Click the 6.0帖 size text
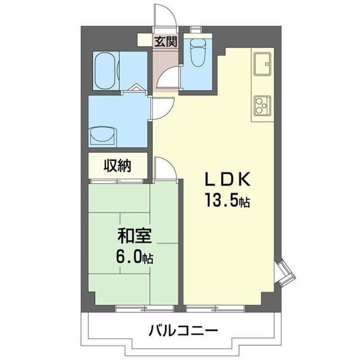tap(134, 258)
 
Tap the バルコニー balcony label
tap(182, 330)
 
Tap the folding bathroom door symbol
tap(136, 88)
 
